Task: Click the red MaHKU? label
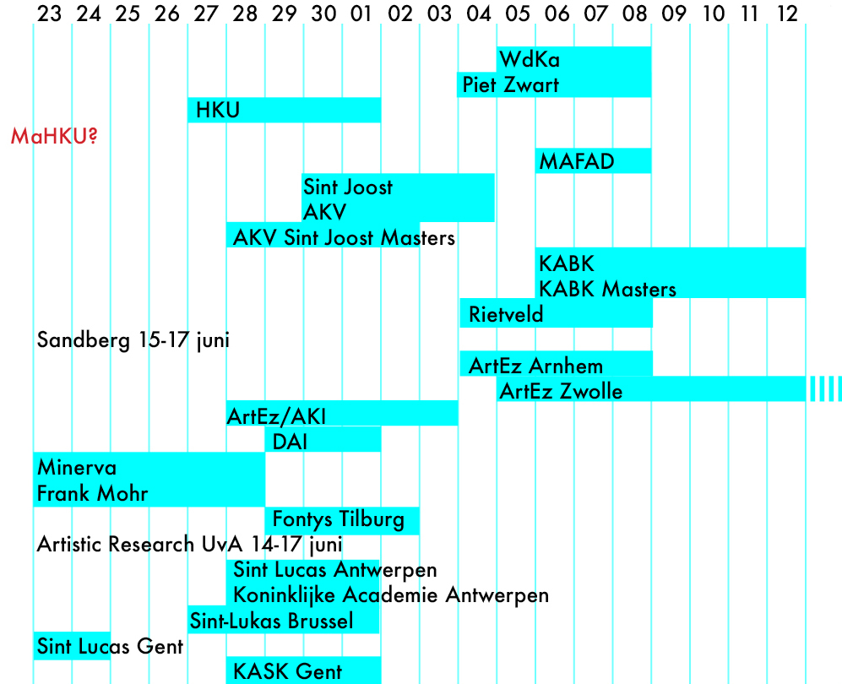pyautogui.click(x=54, y=136)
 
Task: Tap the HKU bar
pyautogui.click(x=284, y=110)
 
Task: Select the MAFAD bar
pyautogui.click(x=593, y=160)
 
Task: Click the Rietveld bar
pyautogui.click(x=556, y=314)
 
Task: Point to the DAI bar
pyautogui.click(x=323, y=440)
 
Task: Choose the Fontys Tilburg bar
pyautogui.click(x=342, y=520)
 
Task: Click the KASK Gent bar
pyautogui.click(x=303, y=670)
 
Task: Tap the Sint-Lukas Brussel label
pyautogui.click(x=271, y=622)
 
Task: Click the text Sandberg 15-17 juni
pyautogui.click(x=133, y=341)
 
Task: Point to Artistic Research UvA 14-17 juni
pyautogui.click(x=189, y=545)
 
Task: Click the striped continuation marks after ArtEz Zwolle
pyautogui.click(x=825, y=389)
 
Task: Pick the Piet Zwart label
pyautogui.click(x=511, y=85)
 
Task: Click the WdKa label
pyautogui.click(x=530, y=60)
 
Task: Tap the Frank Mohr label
pyautogui.click(x=92, y=494)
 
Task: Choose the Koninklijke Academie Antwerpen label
pyautogui.click(x=391, y=595)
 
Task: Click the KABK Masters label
pyautogui.click(x=607, y=289)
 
